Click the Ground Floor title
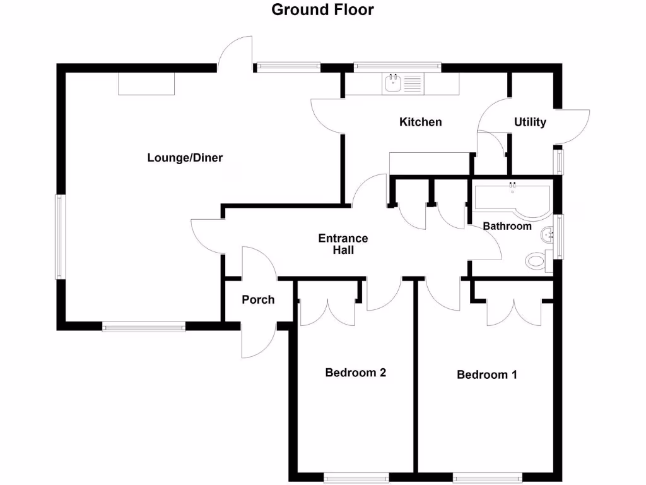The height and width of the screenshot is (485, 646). (x=322, y=9)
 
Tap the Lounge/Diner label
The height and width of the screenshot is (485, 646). (x=185, y=157)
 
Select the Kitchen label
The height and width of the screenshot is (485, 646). (x=421, y=121)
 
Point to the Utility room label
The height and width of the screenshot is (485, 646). (x=530, y=122)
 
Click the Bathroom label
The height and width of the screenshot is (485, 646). (x=507, y=225)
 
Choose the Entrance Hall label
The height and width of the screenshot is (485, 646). (x=343, y=244)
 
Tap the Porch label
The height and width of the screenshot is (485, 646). (x=258, y=299)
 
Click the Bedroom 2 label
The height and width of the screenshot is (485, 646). (x=355, y=372)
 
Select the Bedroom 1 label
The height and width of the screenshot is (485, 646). (x=487, y=374)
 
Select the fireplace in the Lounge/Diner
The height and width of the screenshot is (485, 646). (x=146, y=83)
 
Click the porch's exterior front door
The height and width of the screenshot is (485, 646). (x=259, y=341)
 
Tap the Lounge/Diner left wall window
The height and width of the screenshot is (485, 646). (x=59, y=237)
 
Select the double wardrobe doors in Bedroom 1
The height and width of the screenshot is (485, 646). (x=514, y=311)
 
